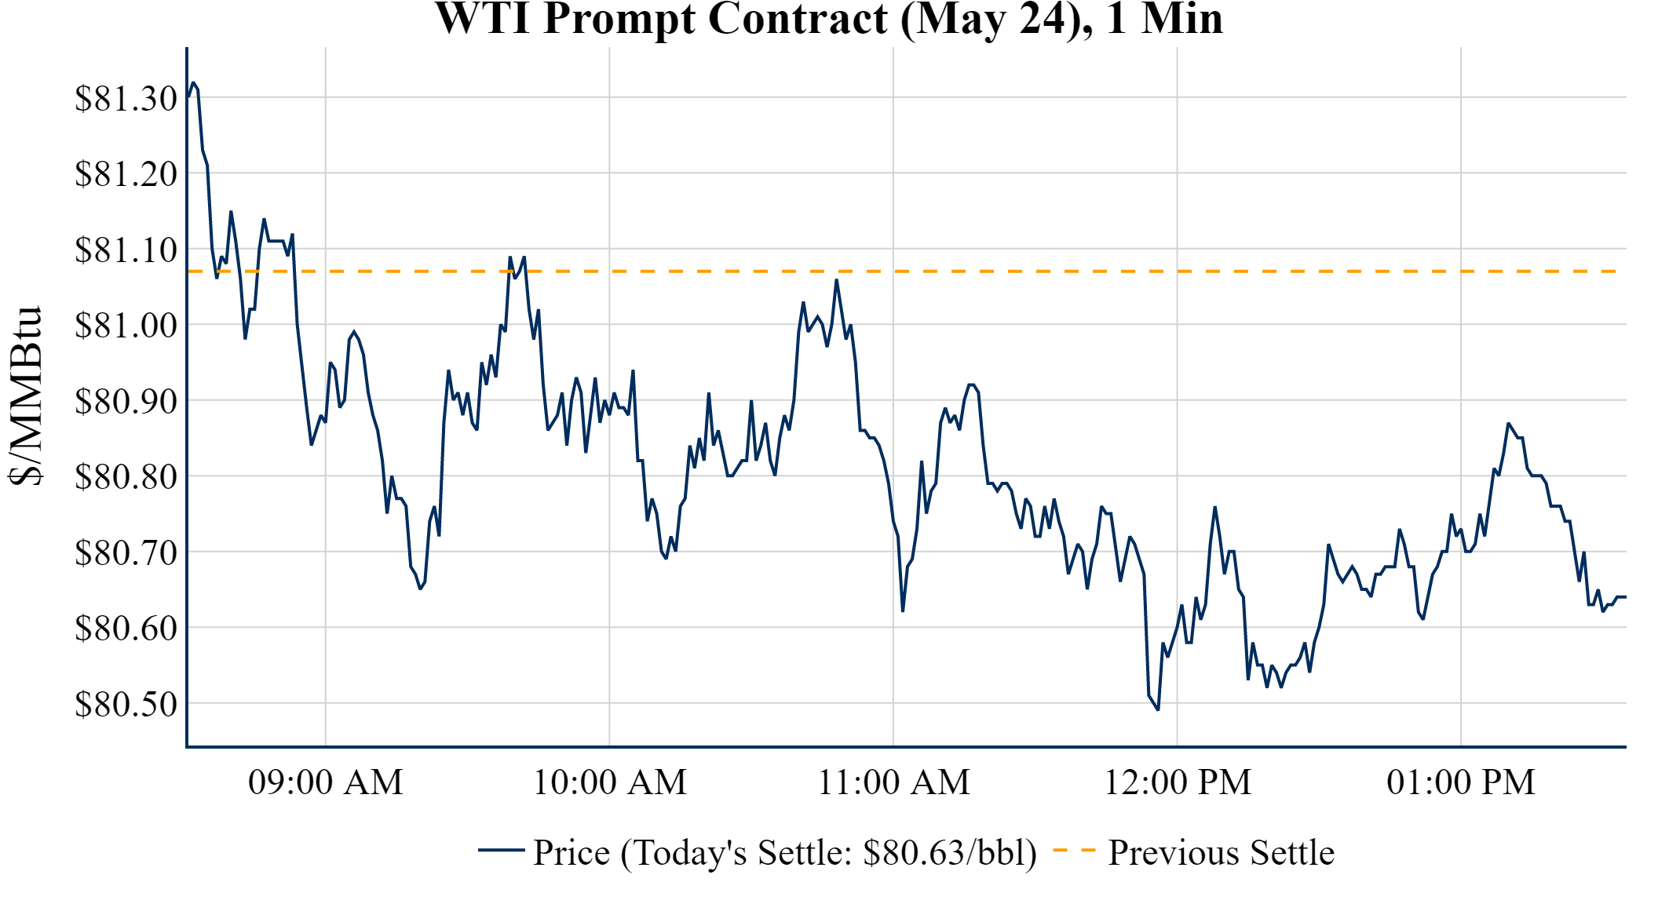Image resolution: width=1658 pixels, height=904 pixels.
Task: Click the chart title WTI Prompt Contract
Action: coord(829,19)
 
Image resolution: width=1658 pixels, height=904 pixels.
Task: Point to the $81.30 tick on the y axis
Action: coord(126,99)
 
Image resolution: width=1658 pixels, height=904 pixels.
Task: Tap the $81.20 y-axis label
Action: coord(126,174)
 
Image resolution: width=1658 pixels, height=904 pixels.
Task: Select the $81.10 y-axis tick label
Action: coord(126,250)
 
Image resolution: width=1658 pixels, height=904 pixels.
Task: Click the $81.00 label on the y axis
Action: coord(126,326)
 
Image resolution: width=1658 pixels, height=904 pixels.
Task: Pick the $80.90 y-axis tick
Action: coord(126,401)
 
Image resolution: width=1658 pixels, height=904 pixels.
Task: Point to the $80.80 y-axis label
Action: coord(126,476)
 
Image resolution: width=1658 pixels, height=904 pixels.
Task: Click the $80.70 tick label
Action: coord(126,552)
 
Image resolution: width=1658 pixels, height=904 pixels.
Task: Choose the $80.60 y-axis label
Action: coord(126,628)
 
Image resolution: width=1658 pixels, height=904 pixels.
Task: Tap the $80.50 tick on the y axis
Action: coord(126,704)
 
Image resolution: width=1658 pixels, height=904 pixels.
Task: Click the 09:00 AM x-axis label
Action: coord(326,782)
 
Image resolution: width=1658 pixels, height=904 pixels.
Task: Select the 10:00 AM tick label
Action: coord(610,782)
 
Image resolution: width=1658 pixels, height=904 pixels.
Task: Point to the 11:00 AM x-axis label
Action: coord(894,782)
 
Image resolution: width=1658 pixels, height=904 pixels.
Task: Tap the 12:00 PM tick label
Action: coord(1178,782)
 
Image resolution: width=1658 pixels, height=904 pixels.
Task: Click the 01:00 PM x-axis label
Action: coord(1461,782)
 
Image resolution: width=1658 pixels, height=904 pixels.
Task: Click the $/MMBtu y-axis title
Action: coord(25,396)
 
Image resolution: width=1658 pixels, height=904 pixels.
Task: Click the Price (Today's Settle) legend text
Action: coord(784,853)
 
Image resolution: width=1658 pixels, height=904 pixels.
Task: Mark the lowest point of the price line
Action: coord(1158,709)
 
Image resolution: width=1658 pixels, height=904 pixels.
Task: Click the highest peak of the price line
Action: coord(193,82)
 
